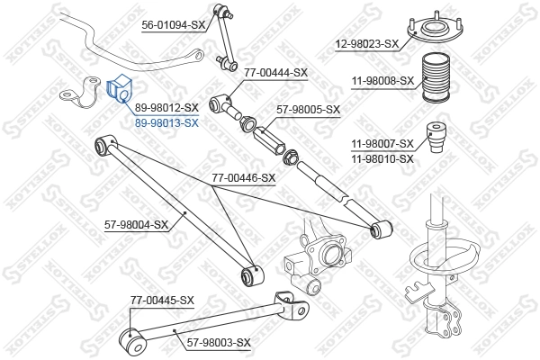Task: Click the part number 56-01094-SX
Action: click(174, 24)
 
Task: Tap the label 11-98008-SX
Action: click(382, 80)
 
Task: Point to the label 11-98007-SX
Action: click(382, 143)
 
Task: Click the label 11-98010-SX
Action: click(382, 158)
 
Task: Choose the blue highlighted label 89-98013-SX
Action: click(166, 122)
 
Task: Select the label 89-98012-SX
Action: click(166, 107)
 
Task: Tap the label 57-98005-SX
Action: click(309, 110)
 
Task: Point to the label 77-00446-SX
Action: click(243, 178)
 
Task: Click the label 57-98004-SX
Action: click(137, 224)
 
